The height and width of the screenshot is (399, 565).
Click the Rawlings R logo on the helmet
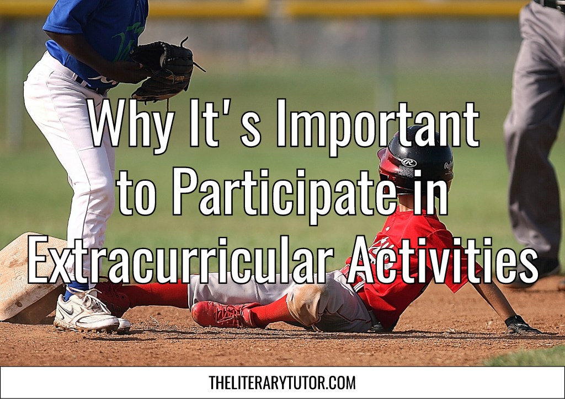(x=409, y=162)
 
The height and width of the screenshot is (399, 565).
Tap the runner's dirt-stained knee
(x=303, y=301)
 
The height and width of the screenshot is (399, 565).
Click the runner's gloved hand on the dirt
(x=521, y=325)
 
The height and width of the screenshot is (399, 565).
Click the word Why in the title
(x=130, y=124)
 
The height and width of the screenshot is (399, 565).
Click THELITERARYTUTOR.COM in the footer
(x=282, y=382)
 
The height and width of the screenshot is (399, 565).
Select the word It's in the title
(x=225, y=124)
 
